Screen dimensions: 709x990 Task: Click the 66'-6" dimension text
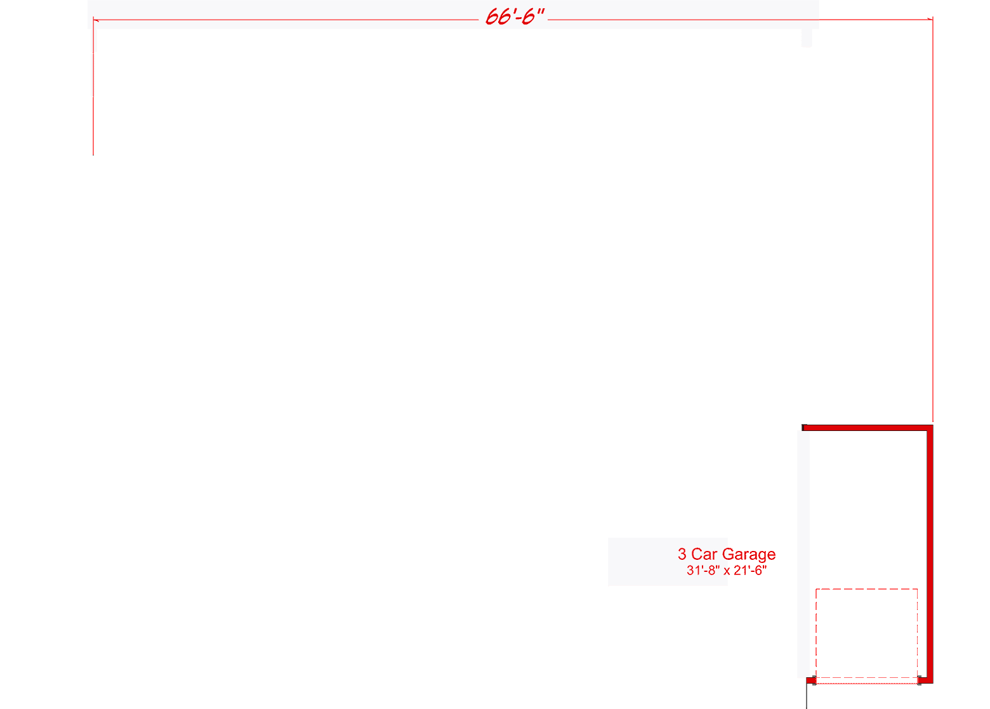(515, 17)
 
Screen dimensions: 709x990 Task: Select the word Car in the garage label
(704, 554)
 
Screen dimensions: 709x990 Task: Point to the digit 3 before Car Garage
(682, 554)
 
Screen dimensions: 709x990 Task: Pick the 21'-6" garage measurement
(750, 571)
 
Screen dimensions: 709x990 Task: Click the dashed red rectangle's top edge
(866, 589)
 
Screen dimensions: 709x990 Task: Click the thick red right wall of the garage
(929, 552)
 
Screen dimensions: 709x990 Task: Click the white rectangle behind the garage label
(641, 562)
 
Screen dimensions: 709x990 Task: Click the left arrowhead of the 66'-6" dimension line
(96, 20)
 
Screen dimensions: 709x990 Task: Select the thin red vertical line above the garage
(932, 222)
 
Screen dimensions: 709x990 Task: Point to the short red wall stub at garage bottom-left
(811, 680)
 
